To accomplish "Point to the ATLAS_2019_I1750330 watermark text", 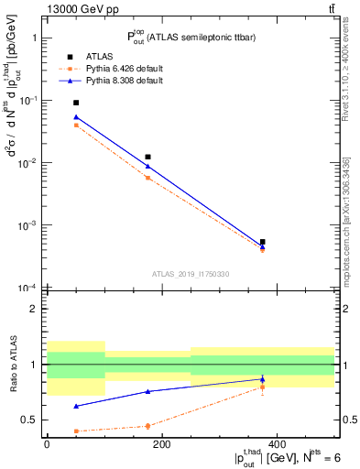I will [x=191, y=274].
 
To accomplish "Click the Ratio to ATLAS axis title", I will [x=15, y=365].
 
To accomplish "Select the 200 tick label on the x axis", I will [x=161, y=444].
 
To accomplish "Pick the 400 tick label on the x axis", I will [x=277, y=444].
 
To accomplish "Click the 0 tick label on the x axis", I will [x=47, y=444].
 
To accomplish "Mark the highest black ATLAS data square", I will [x=76, y=103].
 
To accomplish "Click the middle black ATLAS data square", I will [x=147, y=157].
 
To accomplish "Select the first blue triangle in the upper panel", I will [x=76, y=116].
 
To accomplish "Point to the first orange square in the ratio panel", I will [x=76, y=431].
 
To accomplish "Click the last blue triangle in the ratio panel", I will [x=263, y=378].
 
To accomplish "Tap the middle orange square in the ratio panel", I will [x=147, y=426].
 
